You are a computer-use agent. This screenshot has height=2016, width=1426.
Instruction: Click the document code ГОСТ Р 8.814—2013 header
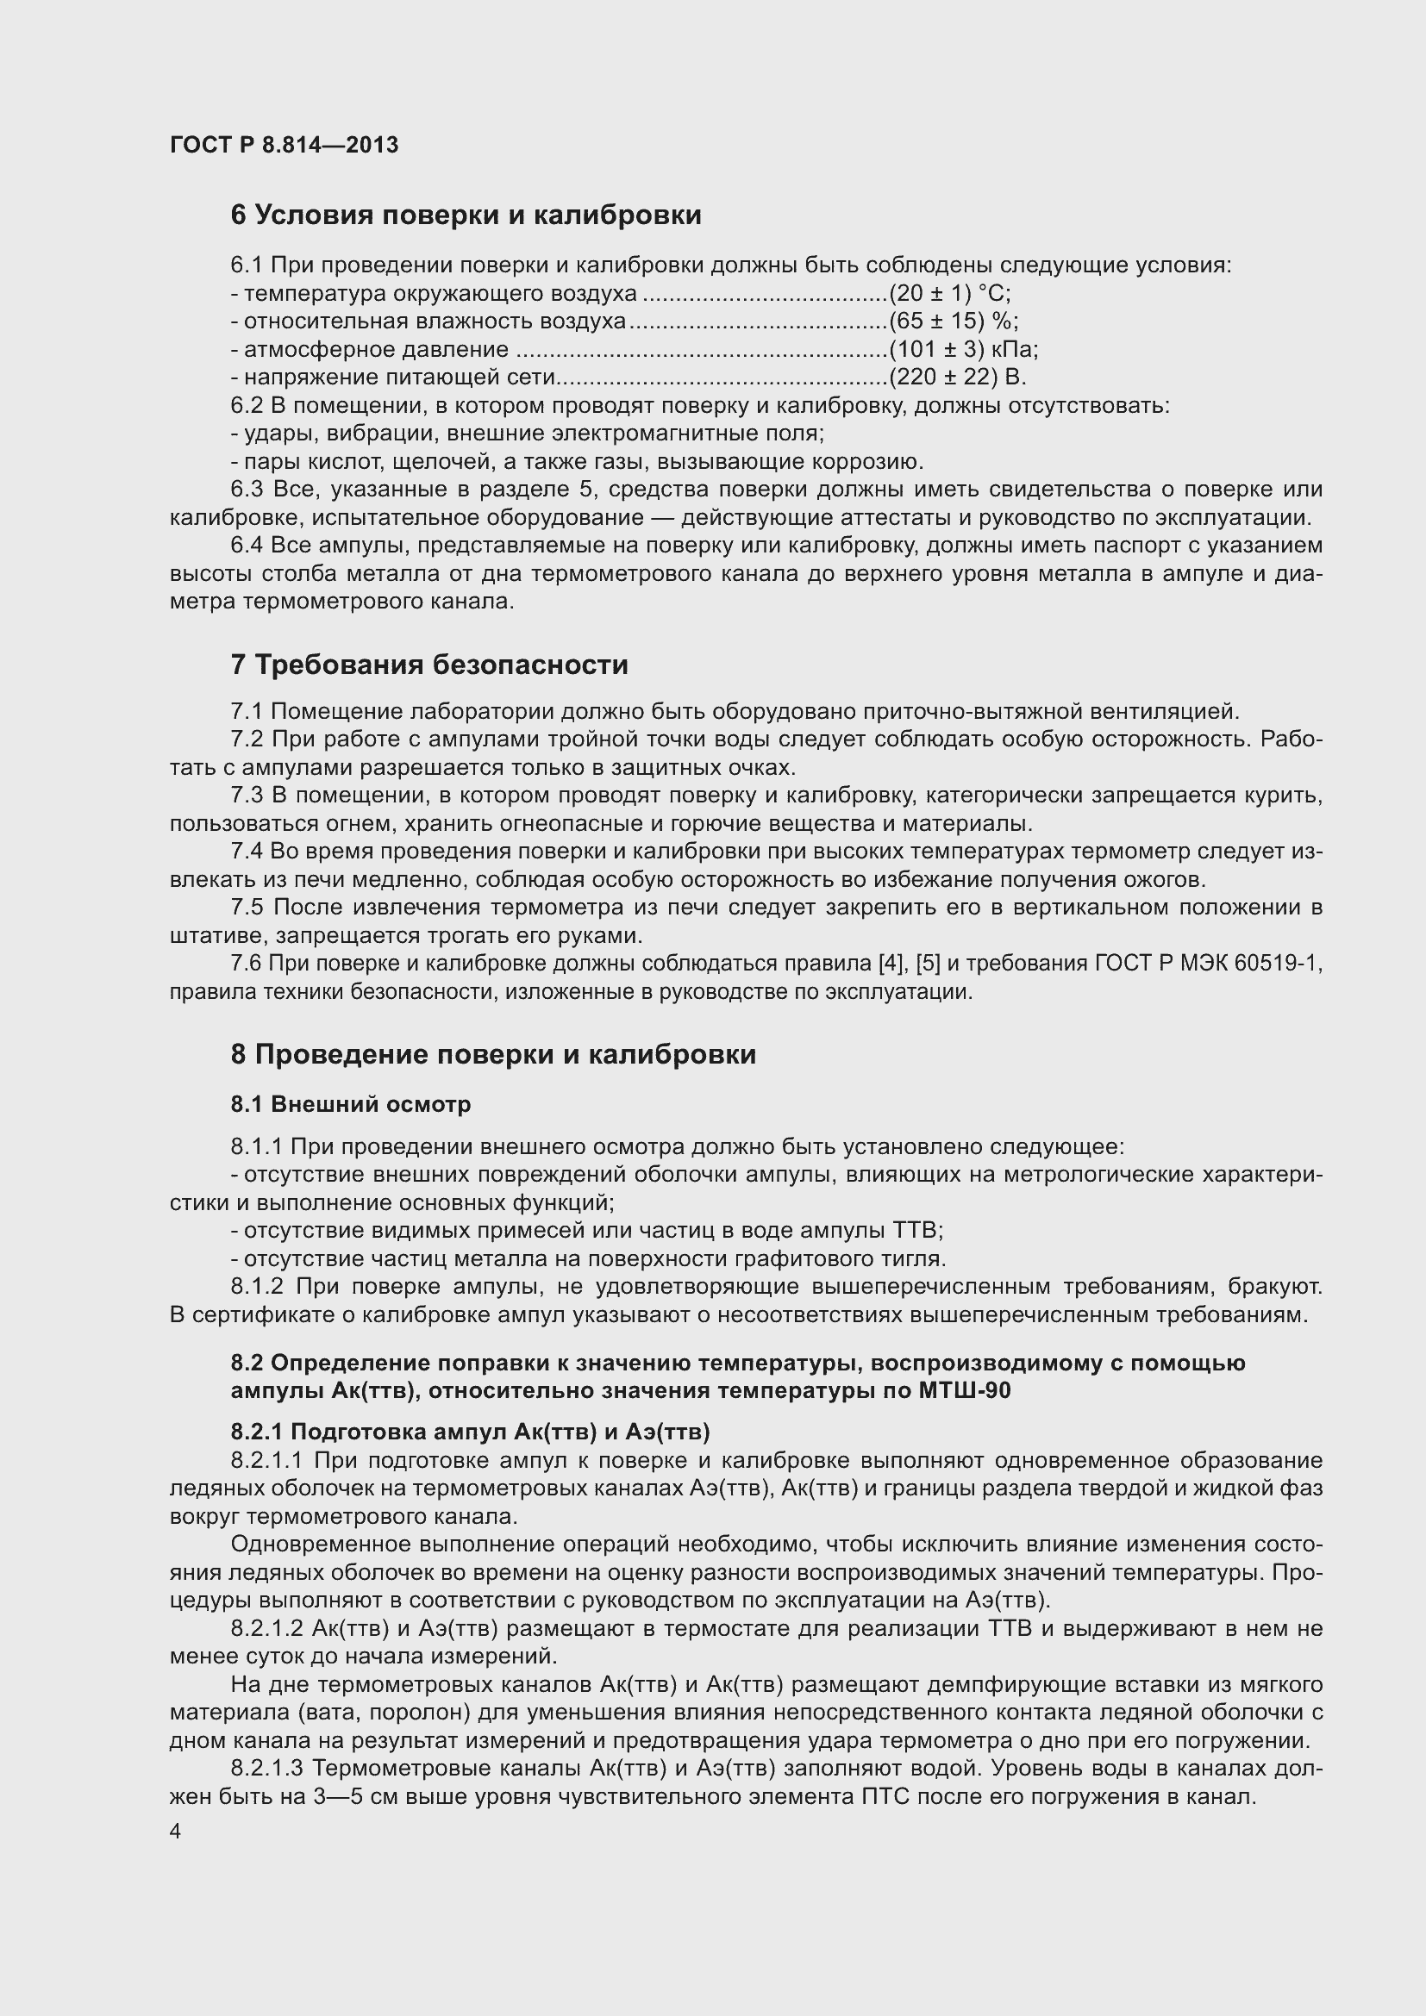284,145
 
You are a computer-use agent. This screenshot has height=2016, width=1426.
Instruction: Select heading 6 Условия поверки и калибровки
466,215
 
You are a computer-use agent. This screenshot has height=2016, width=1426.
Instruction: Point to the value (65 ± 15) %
953,321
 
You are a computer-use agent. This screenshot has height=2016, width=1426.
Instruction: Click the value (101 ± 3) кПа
962,349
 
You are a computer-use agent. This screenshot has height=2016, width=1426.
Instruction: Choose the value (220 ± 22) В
956,378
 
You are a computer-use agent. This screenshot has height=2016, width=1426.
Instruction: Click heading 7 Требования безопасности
429,665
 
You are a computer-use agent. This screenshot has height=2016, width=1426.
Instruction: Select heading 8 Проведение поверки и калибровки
492,1054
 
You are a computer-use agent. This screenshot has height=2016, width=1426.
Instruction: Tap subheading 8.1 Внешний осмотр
350,1105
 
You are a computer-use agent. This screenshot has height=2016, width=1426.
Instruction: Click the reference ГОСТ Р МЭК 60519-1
1208,964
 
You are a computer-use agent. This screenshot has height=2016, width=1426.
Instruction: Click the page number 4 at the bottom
176,1832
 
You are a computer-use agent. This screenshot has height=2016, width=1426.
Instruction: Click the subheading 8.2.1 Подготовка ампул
470,1432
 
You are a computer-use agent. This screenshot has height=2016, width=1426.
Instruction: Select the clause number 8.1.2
256,1287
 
